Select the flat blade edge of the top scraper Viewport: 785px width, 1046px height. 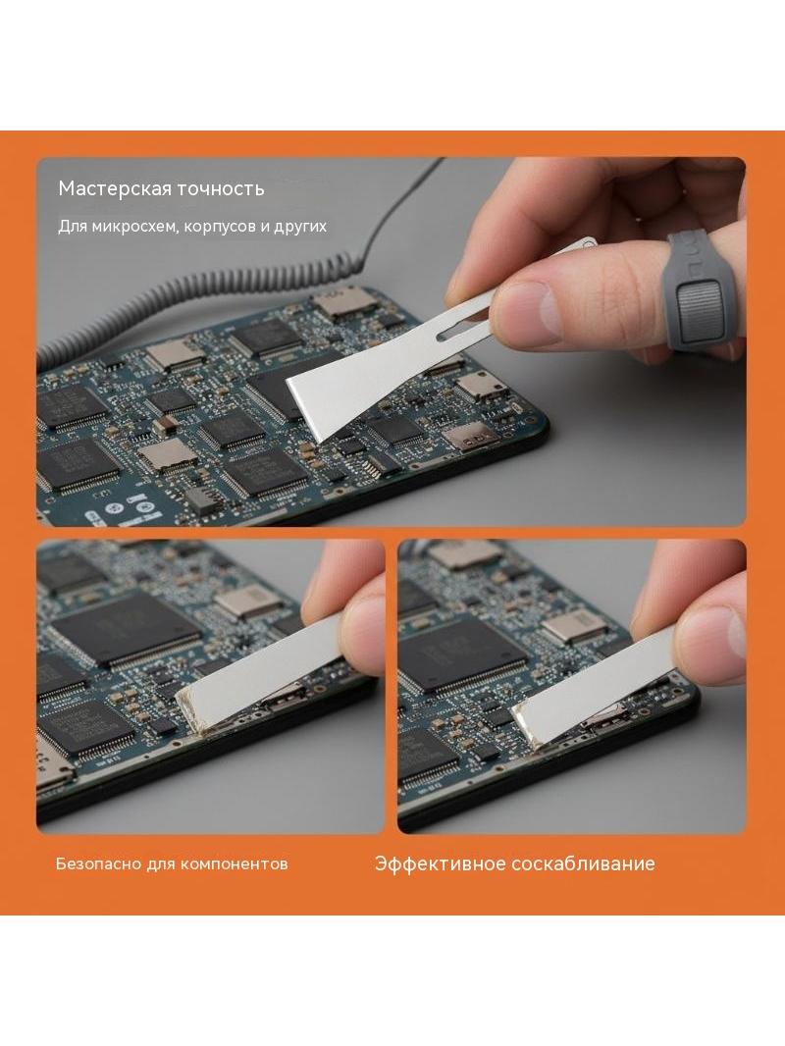tap(304, 410)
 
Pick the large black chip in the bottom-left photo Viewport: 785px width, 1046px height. tap(127, 630)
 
